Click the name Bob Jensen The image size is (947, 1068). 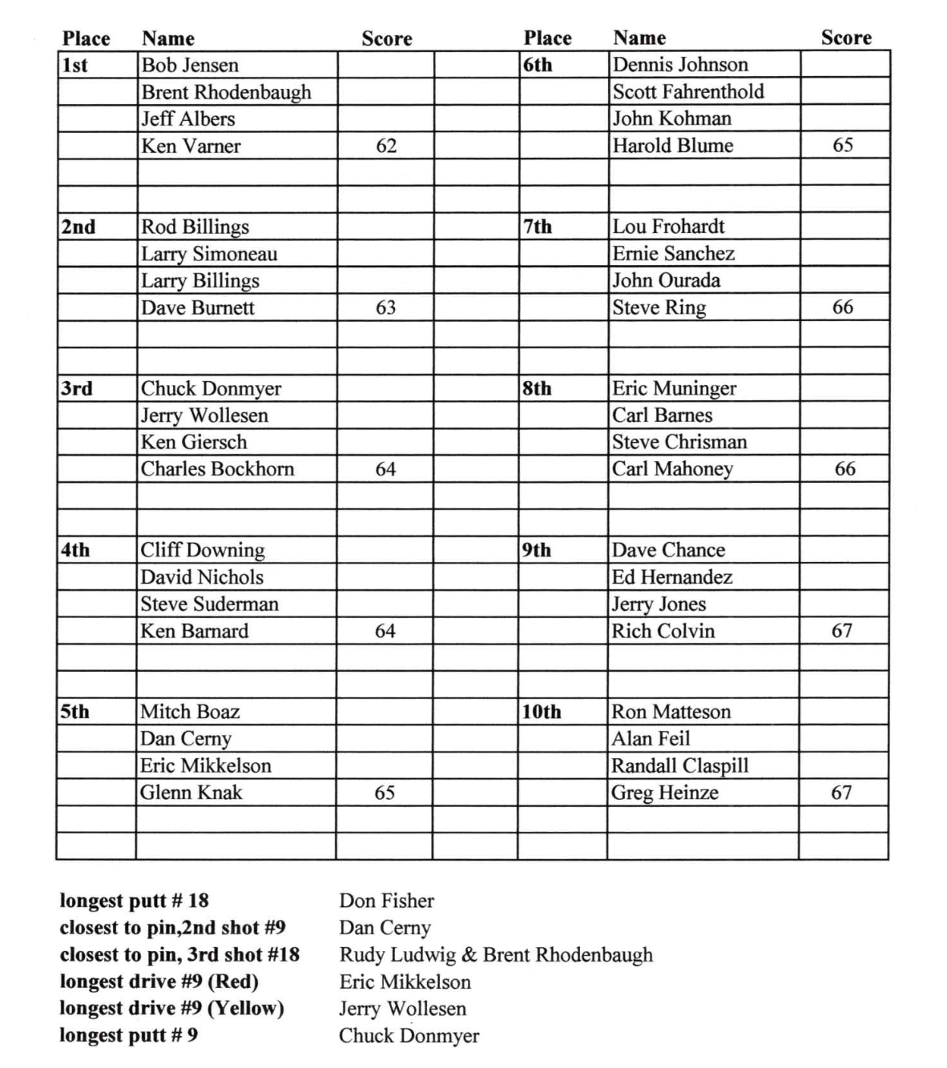(190, 65)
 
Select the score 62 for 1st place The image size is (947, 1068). (386, 146)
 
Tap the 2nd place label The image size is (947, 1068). (79, 227)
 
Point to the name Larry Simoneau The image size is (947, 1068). (209, 254)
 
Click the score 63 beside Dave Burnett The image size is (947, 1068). (385, 307)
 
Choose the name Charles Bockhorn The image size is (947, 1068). (217, 469)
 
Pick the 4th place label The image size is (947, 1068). (76, 550)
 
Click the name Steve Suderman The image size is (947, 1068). (209, 604)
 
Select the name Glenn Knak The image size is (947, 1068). (191, 793)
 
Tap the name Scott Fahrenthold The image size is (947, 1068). (688, 91)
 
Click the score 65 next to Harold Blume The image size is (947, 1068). (843, 145)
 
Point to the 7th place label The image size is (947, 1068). (538, 227)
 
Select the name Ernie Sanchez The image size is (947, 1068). (673, 254)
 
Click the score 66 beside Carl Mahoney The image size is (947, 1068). (844, 469)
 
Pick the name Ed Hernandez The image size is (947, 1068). (671, 577)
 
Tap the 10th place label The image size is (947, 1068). (542, 712)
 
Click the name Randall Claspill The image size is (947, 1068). (679, 765)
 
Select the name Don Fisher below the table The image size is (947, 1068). (386, 901)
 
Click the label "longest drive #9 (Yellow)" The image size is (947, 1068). (171, 1008)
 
